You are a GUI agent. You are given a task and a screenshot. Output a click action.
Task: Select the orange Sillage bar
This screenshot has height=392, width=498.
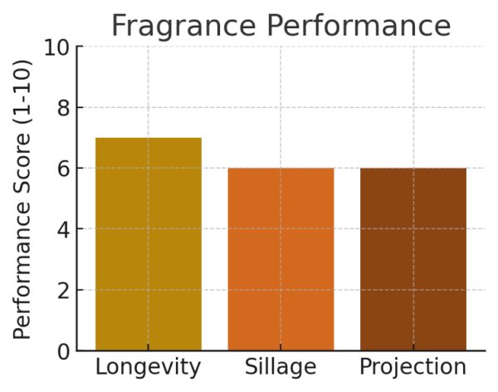pos(281,258)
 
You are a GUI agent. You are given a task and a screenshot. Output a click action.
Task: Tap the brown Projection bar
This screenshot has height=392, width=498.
pos(413,258)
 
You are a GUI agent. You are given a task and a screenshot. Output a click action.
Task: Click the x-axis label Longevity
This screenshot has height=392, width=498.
pos(148,367)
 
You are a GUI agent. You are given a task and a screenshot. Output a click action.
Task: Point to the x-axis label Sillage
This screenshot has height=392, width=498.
pos(281,367)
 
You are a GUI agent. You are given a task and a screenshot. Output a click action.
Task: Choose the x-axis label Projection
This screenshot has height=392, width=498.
pos(413,367)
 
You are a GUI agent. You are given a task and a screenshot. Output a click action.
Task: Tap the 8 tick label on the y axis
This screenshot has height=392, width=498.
pos(63,107)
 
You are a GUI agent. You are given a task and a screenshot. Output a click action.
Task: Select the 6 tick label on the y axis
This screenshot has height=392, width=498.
pos(63,168)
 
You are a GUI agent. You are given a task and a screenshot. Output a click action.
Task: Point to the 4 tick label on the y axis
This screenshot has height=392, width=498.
pos(63,229)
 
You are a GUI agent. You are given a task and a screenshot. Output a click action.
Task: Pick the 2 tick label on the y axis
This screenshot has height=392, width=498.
pos(63,290)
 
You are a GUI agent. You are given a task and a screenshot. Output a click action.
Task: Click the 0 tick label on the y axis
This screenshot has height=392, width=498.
pos(63,351)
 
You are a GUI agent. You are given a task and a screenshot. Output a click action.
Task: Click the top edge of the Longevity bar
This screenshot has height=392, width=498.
pos(148,138)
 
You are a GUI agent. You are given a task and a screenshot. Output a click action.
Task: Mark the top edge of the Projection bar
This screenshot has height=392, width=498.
pos(413,169)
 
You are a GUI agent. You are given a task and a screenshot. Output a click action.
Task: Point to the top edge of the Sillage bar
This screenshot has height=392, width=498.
pos(281,169)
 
